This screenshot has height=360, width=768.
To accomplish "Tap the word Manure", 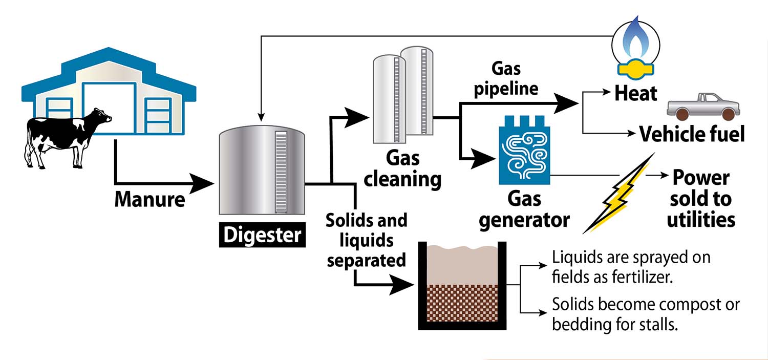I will click(150, 199).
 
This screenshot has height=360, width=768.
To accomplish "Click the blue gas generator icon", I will click(524, 153).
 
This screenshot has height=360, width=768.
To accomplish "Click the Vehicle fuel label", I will click(692, 134).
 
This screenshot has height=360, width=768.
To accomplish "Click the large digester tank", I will click(262, 172).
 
